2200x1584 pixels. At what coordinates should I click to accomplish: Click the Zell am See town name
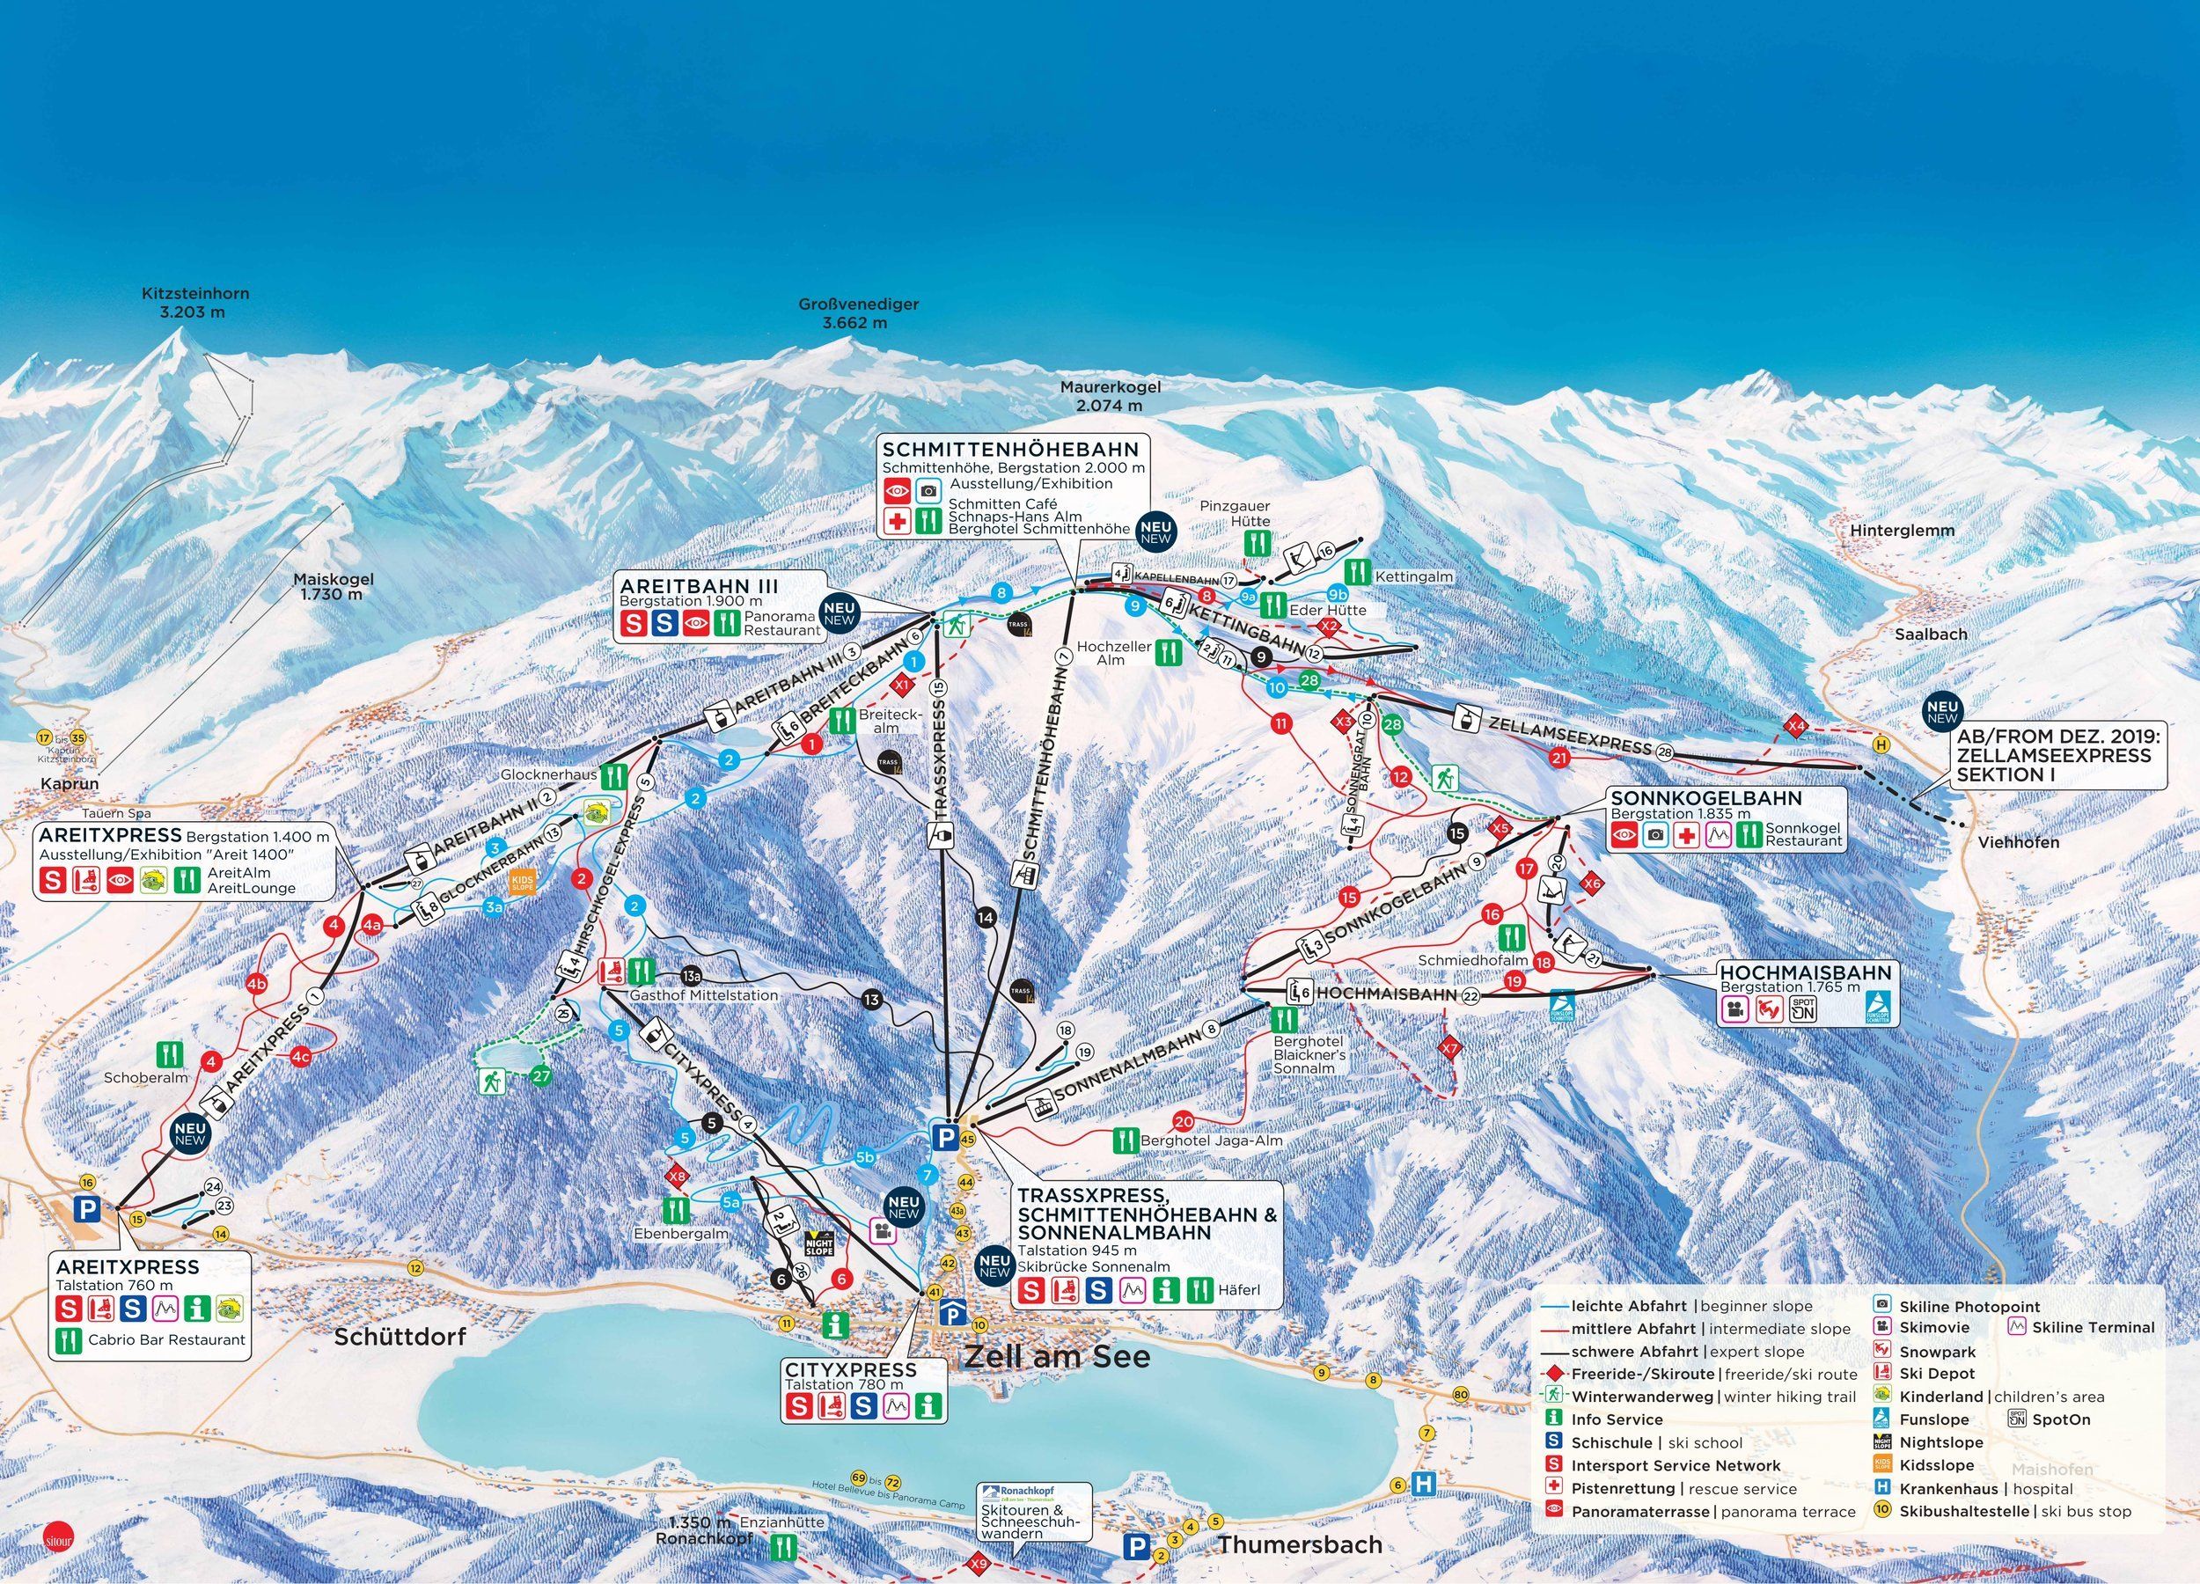coord(1056,1356)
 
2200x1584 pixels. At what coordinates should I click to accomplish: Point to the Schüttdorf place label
coord(400,1337)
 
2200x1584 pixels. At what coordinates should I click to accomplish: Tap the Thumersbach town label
coord(1300,1544)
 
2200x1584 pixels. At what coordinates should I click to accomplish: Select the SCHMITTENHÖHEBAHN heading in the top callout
coord(1009,450)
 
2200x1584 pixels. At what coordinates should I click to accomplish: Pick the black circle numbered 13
coord(871,999)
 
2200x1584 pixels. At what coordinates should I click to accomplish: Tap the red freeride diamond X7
coord(1450,1049)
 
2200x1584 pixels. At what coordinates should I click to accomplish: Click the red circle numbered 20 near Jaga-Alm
coord(1183,1121)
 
